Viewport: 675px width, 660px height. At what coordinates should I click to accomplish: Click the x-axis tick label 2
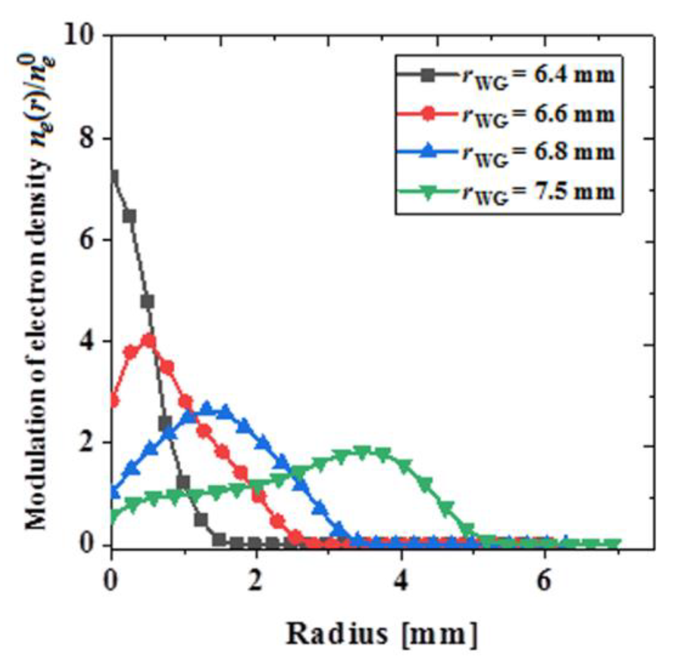[255, 580]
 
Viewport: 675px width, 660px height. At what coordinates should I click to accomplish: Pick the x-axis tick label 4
[401, 580]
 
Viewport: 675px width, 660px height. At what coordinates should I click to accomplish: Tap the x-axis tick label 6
[545, 580]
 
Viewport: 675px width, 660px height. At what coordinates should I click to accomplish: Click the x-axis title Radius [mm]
[381, 633]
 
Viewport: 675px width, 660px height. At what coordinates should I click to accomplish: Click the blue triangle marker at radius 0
[113, 491]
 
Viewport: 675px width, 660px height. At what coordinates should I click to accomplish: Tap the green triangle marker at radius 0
[113, 517]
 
